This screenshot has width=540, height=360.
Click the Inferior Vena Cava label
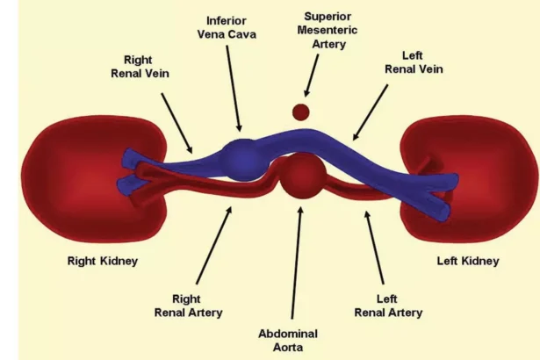pyautogui.click(x=227, y=26)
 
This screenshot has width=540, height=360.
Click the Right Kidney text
pyautogui.click(x=103, y=261)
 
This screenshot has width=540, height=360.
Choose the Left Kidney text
pyautogui.click(x=468, y=261)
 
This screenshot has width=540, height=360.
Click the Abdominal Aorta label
pyautogui.click(x=287, y=340)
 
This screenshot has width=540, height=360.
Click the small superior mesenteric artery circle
pyautogui.click(x=301, y=112)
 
